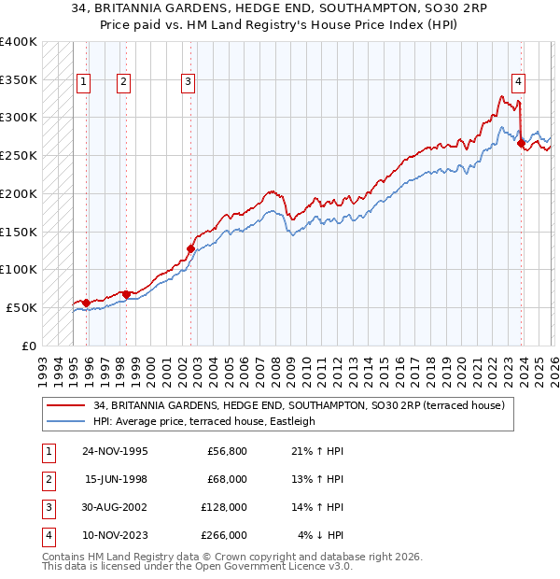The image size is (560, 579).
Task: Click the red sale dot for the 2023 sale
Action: tap(521, 143)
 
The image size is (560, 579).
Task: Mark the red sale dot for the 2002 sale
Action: tap(190, 248)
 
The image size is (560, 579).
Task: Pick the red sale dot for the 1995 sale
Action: tap(86, 303)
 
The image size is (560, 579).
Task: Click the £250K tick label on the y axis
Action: tap(19, 156)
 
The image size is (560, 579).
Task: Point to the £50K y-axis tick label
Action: tap(21, 307)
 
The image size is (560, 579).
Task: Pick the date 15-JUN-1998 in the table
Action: tap(115, 479)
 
